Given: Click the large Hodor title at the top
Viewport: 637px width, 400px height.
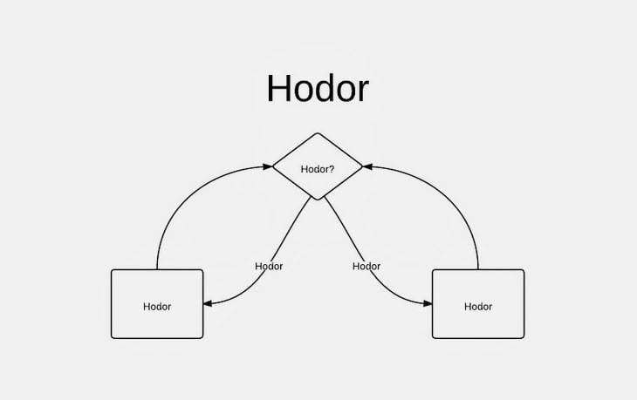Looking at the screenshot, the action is point(318,88).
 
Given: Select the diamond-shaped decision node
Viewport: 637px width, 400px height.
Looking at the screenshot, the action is point(318,166).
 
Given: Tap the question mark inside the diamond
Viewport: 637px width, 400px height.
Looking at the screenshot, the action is point(332,169).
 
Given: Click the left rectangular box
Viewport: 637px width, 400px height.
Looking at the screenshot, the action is point(157,304).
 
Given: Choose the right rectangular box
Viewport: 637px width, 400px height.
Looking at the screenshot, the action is point(478,304).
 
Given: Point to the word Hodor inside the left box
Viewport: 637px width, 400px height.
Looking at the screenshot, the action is point(157,307).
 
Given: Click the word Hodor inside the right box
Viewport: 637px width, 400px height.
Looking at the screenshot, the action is point(478,307).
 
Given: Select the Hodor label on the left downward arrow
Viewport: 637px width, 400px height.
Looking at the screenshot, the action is point(269,266).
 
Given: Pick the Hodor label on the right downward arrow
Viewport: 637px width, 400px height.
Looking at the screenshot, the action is point(366,266).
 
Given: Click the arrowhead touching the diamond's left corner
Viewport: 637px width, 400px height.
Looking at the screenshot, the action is point(268,166).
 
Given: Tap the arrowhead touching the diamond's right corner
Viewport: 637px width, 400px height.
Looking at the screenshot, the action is point(367,166).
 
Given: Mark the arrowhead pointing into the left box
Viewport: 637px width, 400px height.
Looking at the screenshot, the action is point(208,303).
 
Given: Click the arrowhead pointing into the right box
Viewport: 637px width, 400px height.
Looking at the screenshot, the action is point(428,303).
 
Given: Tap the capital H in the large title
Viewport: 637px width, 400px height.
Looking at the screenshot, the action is point(278,88).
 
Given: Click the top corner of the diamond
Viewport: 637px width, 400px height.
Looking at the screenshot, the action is point(318,133).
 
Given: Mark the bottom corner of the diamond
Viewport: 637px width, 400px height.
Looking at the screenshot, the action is point(318,200).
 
